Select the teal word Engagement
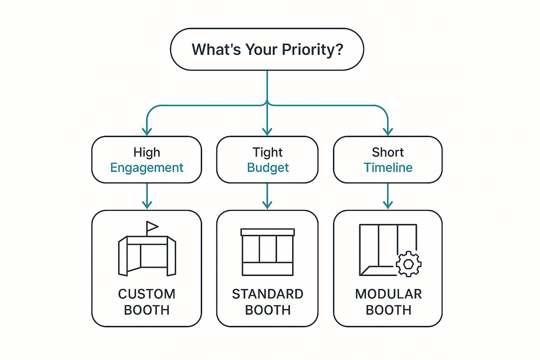coord(147,168)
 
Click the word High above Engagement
coord(147,152)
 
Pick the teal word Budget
coord(268,168)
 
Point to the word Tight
coord(268,152)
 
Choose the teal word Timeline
coord(388,168)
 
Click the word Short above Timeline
coord(388,152)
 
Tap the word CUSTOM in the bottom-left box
coord(147,294)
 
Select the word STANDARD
coord(268,294)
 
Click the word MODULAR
coord(388,294)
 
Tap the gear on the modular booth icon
coord(409,264)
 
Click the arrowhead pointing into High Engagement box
coord(147,132)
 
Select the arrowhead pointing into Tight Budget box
coord(267,132)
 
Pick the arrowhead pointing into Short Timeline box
coord(388,132)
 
